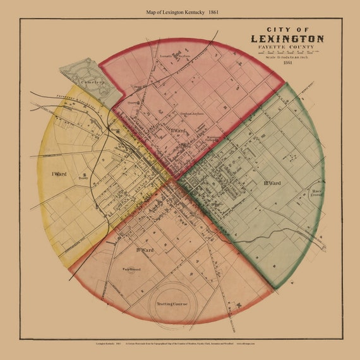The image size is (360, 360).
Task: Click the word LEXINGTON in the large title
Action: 287,39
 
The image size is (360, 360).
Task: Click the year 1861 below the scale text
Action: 288,63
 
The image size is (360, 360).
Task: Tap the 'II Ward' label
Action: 177,131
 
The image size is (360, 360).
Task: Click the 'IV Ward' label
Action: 145,249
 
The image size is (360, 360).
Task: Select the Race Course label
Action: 316,193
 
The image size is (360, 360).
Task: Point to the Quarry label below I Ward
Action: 81,179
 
